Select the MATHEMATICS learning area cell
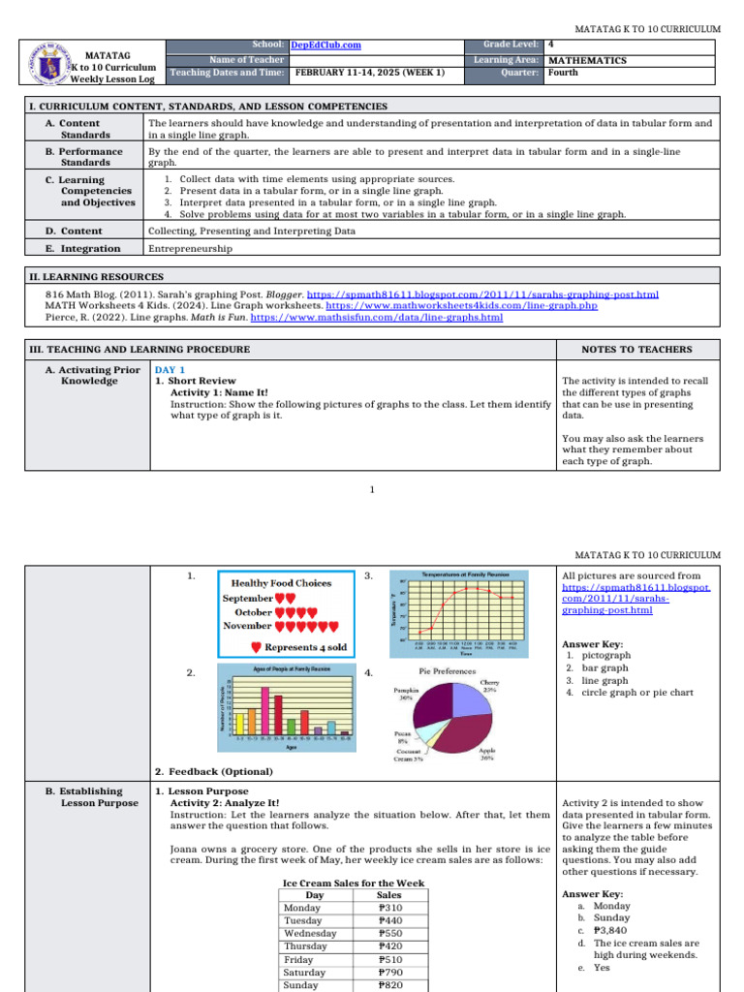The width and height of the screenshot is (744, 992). (x=587, y=60)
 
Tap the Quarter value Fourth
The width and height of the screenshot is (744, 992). (x=563, y=72)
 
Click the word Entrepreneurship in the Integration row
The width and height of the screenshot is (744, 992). (x=190, y=248)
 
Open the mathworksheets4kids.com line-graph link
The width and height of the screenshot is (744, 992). (x=468, y=305)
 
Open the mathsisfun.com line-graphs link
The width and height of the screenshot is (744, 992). (x=377, y=317)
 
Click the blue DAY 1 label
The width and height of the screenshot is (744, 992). (x=170, y=369)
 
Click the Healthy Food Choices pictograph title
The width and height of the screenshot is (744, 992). (x=281, y=583)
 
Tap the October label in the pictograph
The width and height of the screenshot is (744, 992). (x=254, y=612)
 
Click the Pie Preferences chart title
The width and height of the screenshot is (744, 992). (x=447, y=670)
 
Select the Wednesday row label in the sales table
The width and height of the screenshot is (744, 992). (x=310, y=934)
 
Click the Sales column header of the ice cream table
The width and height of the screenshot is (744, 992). (x=388, y=896)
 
